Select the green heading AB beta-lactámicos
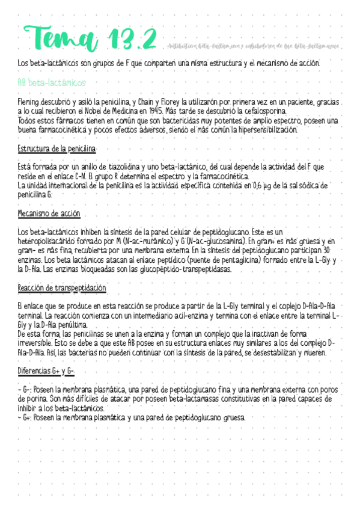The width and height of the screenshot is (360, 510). [52, 82]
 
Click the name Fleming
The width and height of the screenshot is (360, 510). [31, 102]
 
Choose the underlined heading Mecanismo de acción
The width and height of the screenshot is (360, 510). [49, 214]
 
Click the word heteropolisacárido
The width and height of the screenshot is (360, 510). [50, 241]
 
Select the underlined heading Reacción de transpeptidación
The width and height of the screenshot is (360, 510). [62, 288]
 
